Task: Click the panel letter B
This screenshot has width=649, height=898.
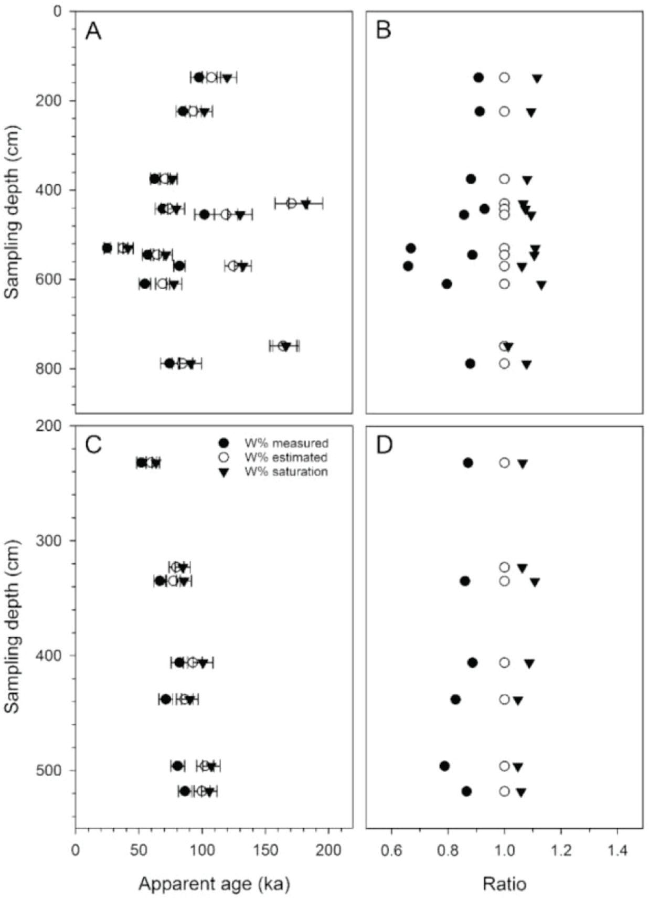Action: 384,31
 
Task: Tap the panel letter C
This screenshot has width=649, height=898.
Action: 93,445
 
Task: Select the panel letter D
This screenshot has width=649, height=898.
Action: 385,445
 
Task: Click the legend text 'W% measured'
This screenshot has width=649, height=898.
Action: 286,443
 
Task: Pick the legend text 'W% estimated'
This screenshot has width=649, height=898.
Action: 286,457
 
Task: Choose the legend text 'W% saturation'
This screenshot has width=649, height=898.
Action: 286,471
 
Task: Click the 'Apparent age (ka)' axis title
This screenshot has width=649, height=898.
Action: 214,884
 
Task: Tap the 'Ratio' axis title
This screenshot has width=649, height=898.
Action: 504,884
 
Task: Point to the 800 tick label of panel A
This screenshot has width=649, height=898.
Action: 55,368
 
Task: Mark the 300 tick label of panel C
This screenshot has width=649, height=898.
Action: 55,541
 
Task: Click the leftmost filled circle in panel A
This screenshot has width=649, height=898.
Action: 107,248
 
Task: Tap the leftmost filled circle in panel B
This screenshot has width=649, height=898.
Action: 408,266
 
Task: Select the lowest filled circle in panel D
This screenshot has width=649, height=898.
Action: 466,791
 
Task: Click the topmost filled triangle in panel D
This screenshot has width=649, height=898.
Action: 523,463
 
